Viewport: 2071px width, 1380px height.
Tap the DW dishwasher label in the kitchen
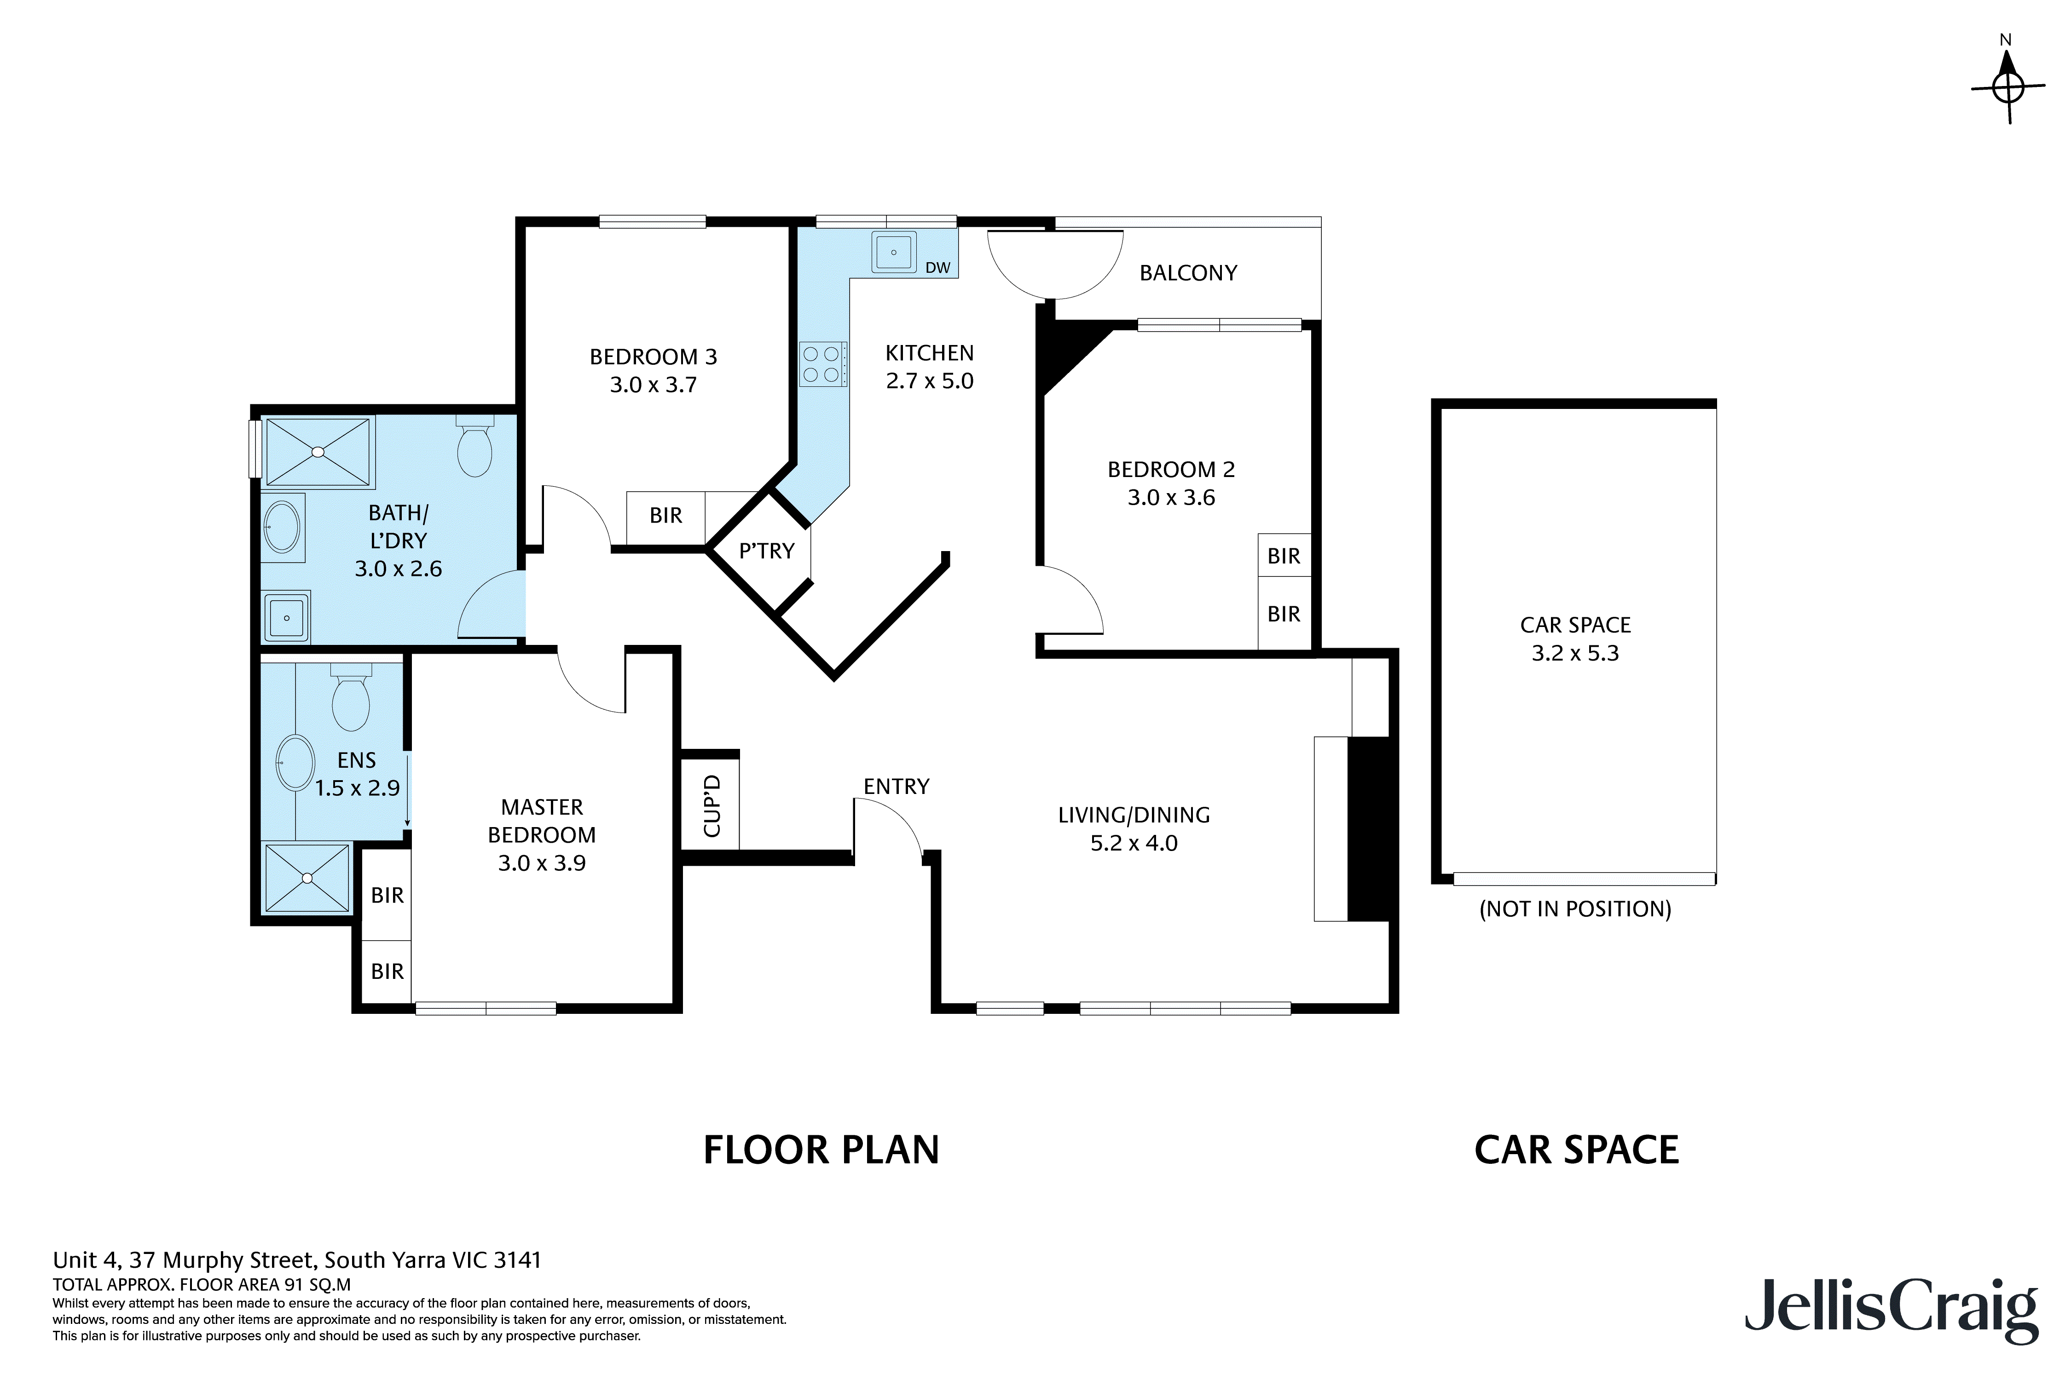(x=938, y=268)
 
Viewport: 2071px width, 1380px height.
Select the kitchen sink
(x=894, y=253)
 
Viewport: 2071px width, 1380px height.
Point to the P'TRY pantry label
(x=766, y=551)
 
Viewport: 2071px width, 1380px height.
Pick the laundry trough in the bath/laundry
(x=286, y=617)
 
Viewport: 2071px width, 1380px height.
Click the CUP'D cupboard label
(x=712, y=805)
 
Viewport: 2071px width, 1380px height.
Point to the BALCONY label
(x=1188, y=273)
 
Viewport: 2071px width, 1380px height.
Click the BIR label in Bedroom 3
(x=665, y=516)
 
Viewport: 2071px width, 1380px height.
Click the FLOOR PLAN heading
(x=821, y=1150)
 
